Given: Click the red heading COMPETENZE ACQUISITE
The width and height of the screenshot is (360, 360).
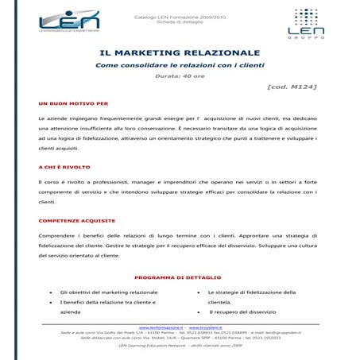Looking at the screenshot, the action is (x=76, y=220).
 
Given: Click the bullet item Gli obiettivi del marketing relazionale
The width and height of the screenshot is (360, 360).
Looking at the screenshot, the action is (x=109, y=292).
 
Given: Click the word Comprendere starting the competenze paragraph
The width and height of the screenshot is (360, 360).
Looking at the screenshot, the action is (x=56, y=236).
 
